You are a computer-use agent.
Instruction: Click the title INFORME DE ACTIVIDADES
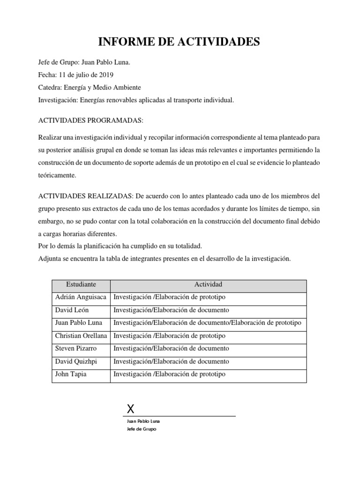coord(179,42)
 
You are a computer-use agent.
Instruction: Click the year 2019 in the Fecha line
coord(105,75)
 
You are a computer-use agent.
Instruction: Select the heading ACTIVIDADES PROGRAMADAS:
coord(90,120)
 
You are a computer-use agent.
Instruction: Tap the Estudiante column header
coord(81,285)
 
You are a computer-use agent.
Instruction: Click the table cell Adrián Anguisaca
coord(80,297)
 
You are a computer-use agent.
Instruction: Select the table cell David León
coord(72,310)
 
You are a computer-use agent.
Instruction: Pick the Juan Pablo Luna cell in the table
coord(78,322)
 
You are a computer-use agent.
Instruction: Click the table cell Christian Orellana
coord(81,336)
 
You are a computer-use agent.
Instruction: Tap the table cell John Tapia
coord(71,374)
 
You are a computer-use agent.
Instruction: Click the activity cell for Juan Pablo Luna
coord(207,322)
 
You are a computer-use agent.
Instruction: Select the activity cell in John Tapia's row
coord(169,374)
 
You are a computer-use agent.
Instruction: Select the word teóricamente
coord(57,175)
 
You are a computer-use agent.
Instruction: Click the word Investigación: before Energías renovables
coord(58,100)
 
